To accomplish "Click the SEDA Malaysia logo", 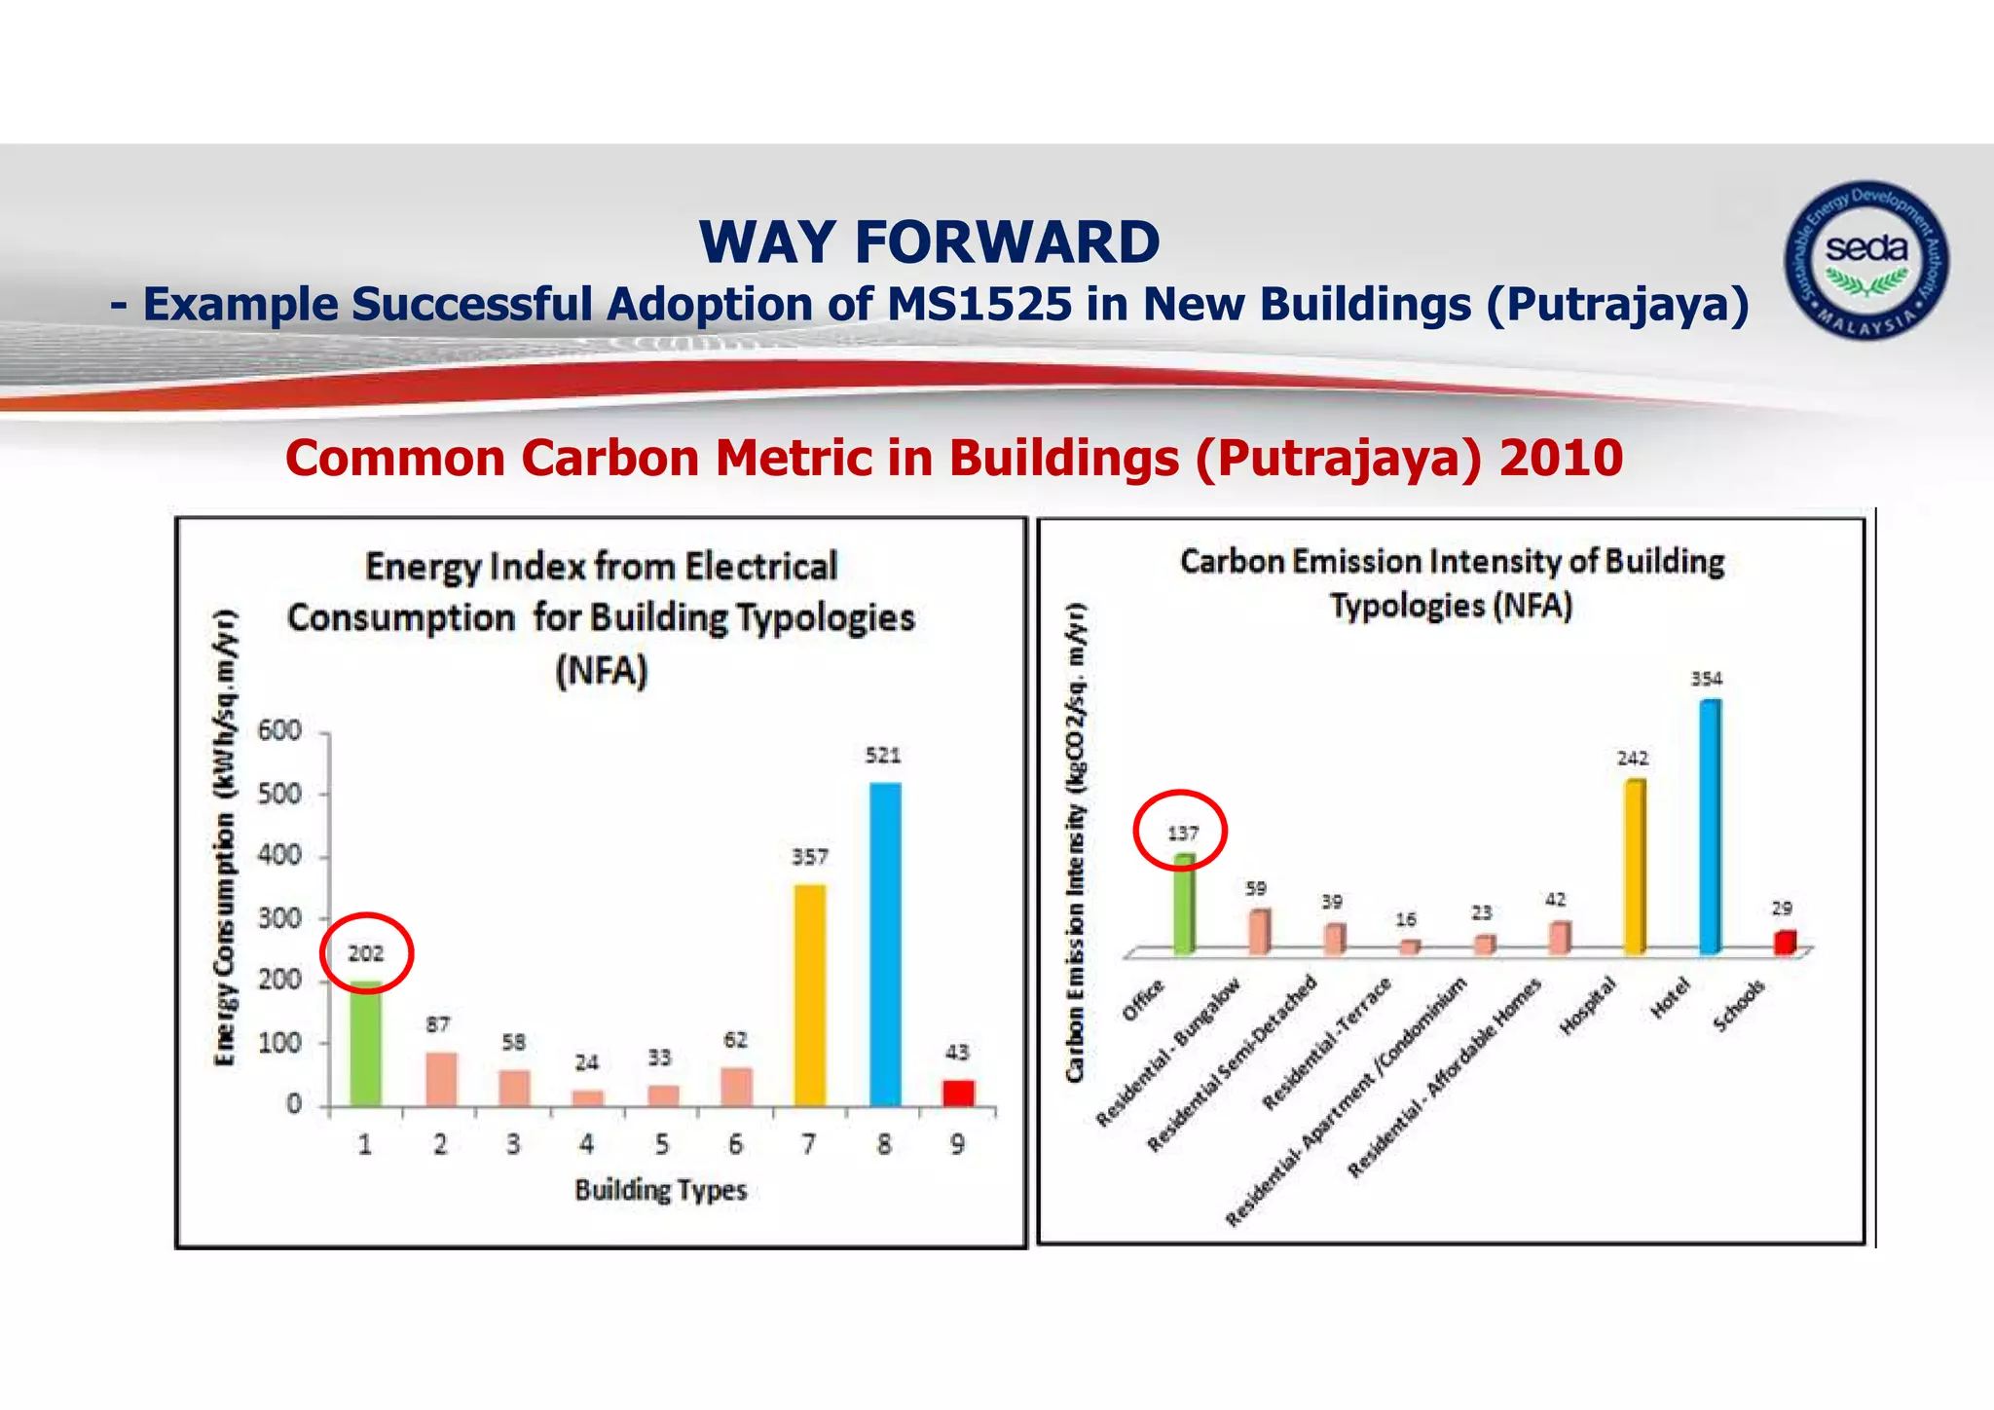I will (x=1865, y=260).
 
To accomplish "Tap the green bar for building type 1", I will (x=366, y=1044).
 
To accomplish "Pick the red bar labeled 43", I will (x=958, y=1093).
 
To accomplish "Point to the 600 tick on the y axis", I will (x=279, y=730).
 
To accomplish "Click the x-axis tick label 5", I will (x=662, y=1144).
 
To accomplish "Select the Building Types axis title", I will (x=660, y=1190).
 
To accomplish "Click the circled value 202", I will (x=366, y=953).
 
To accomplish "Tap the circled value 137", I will (x=1182, y=834).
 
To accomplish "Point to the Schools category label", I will (x=1739, y=1006).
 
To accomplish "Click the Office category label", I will (x=1143, y=1000).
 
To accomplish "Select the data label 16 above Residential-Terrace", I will (x=1406, y=919).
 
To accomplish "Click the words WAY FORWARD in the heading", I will (x=929, y=241).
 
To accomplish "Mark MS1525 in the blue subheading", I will (x=979, y=304).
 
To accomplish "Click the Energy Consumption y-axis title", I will (x=225, y=837).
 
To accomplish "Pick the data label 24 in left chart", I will (x=586, y=1062).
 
